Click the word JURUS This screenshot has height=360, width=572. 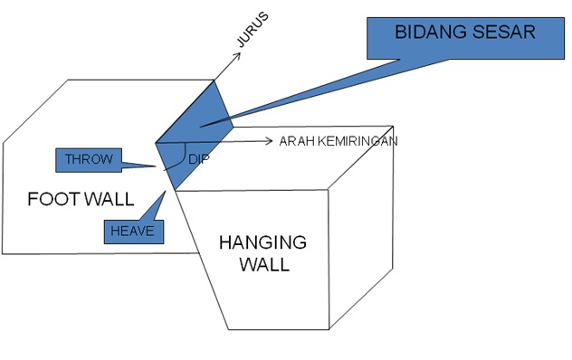(x=255, y=32)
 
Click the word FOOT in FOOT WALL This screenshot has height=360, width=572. (x=53, y=199)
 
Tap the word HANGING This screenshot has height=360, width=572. (x=263, y=243)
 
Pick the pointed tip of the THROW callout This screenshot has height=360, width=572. (x=159, y=166)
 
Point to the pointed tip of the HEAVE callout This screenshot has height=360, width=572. (x=172, y=191)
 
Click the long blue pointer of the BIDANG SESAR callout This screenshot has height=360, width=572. (x=317, y=90)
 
